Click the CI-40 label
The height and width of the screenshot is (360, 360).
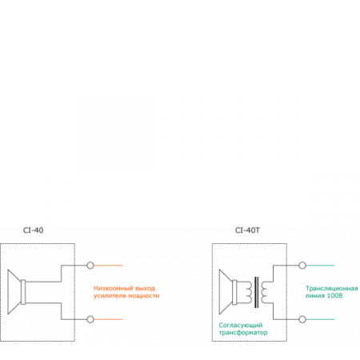click(33, 230)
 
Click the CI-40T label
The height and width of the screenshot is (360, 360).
click(247, 230)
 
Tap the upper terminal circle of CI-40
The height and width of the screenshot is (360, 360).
click(90, 266)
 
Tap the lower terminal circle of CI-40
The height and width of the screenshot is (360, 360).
click(90, 319)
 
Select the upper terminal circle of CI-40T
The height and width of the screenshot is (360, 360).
click(302, 266)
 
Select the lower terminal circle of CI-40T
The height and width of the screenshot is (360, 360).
click(302, 319)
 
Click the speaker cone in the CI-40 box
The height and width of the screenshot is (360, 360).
click(14, 292)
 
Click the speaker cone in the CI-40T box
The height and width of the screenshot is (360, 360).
click(226, 292)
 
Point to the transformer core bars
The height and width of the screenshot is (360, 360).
click(256, 292)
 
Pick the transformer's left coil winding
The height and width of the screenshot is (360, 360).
click(249, 292)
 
